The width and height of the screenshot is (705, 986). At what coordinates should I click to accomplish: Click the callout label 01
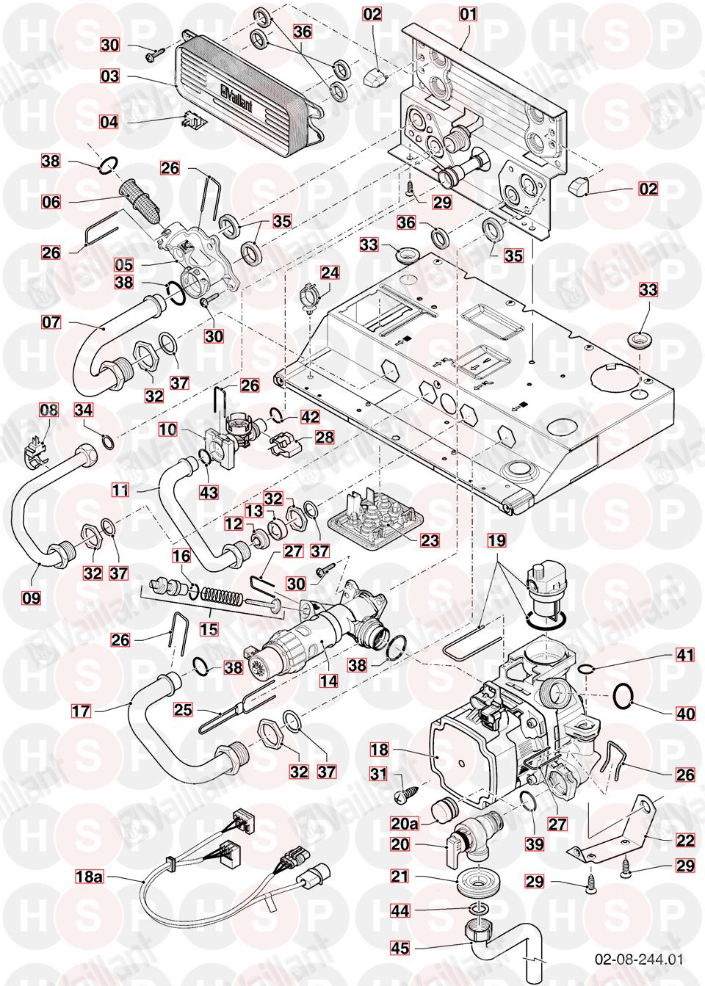[x=468, y=13]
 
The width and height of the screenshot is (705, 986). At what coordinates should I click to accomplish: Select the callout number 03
[x=110, y=76]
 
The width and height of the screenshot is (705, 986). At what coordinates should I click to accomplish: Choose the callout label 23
[x=429, y=540]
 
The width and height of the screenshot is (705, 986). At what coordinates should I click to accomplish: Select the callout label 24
[x=330, y=272]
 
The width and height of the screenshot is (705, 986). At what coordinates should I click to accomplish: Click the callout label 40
[x=684, y=713]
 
